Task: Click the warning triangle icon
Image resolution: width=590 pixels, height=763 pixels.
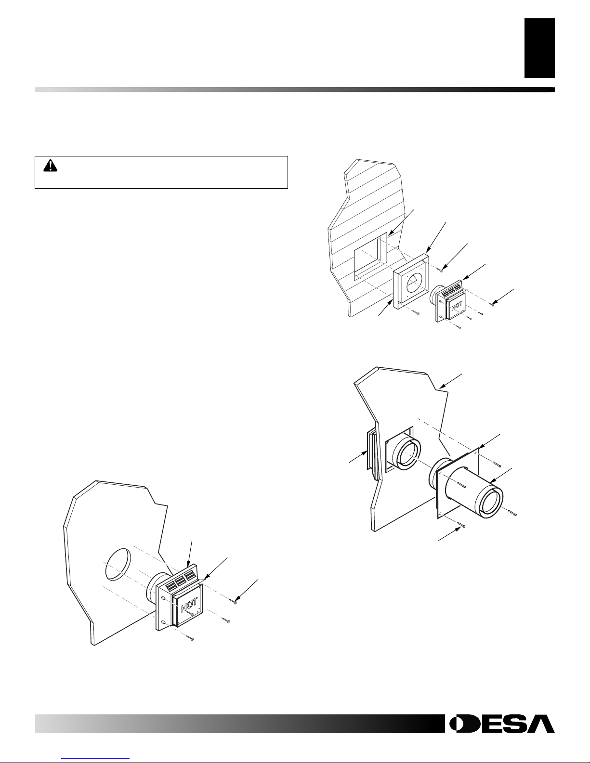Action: point(50,166)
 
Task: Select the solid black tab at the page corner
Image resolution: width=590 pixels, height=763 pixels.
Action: point(539,48)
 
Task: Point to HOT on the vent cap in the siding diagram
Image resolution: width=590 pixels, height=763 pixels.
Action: point(457,306)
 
